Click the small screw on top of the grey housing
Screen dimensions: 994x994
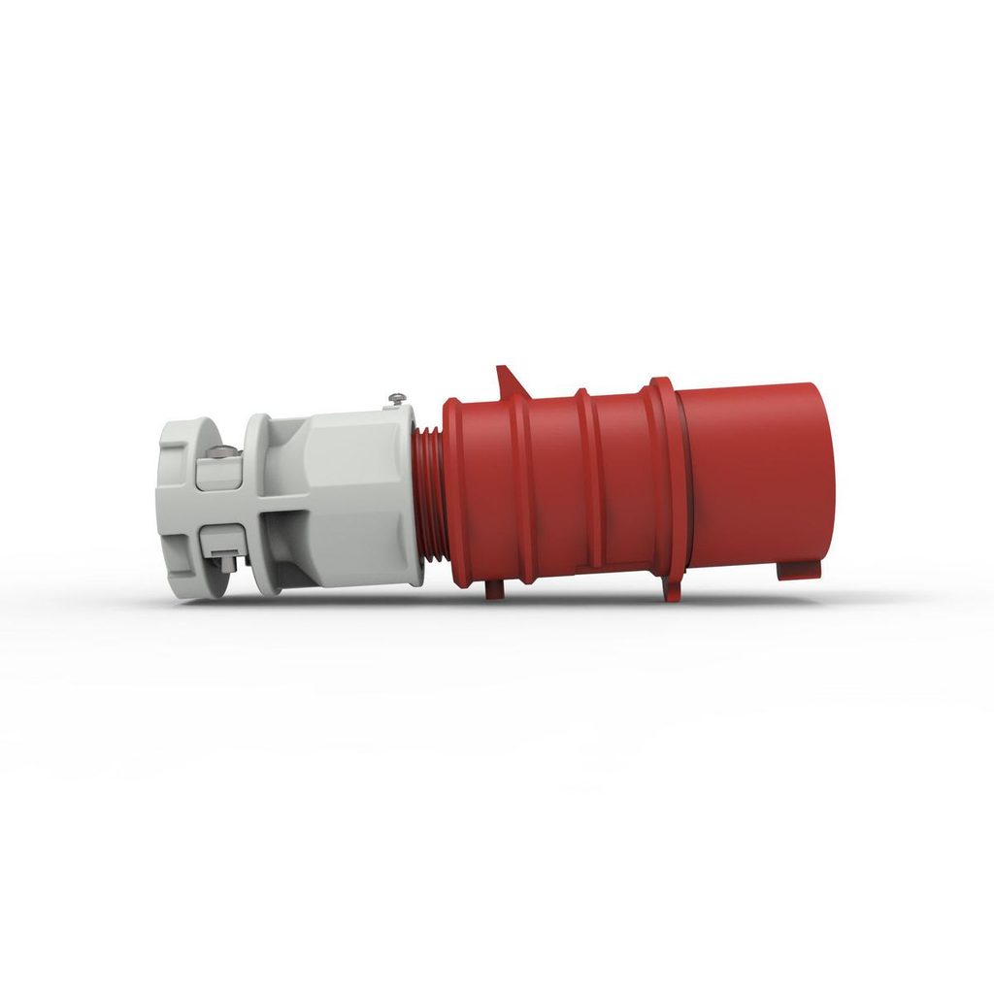[x=396, y=398]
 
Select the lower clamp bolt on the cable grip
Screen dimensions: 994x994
[x=222, y=560]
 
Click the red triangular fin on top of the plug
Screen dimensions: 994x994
[x=509, y=381]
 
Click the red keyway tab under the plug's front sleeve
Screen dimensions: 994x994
[x=798, y=570]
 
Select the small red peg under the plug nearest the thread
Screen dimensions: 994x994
[x=494, y=589]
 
